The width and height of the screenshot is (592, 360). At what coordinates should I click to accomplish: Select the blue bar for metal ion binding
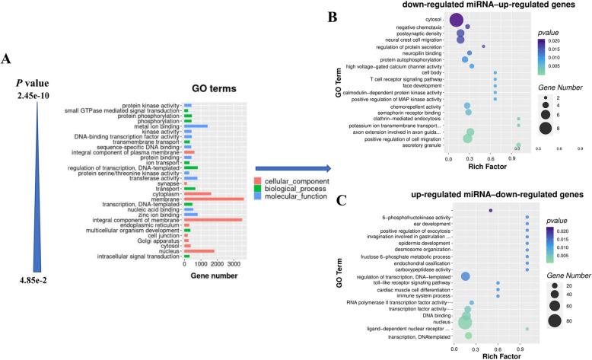coord(196,126)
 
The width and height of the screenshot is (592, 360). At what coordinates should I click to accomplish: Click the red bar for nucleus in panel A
coord(199,250)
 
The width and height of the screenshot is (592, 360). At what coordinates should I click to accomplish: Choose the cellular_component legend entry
coord(292,181)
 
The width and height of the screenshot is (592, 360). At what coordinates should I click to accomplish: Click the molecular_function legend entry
coord(292,196)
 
